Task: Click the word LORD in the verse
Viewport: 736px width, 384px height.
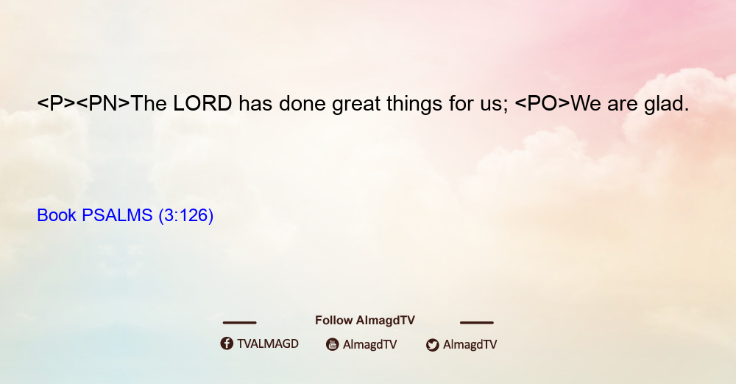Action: point(202,103)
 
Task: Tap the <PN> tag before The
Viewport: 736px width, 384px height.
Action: point(103,103)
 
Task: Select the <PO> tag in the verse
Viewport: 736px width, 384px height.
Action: point(542,103)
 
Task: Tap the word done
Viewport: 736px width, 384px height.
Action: point(302,103)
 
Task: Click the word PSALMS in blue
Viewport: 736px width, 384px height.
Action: point(117,215)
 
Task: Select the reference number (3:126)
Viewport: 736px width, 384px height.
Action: point(186,215)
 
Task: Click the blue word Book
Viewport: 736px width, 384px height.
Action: point(57,215)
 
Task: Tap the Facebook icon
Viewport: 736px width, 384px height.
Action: point(227,343)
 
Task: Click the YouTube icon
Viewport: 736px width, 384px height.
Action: point(333,344)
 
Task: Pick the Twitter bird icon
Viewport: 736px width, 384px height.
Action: point(432,345)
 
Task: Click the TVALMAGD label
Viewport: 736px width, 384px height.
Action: point(268,343)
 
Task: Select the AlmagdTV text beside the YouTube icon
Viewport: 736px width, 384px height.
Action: point(370,344)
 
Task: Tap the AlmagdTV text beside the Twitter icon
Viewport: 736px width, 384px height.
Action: point(470,344)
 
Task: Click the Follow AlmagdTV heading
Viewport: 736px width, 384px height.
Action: point(365,320)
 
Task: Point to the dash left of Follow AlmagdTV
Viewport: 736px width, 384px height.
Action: point(239,323)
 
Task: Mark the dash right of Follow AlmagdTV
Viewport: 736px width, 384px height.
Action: point(477,323)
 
